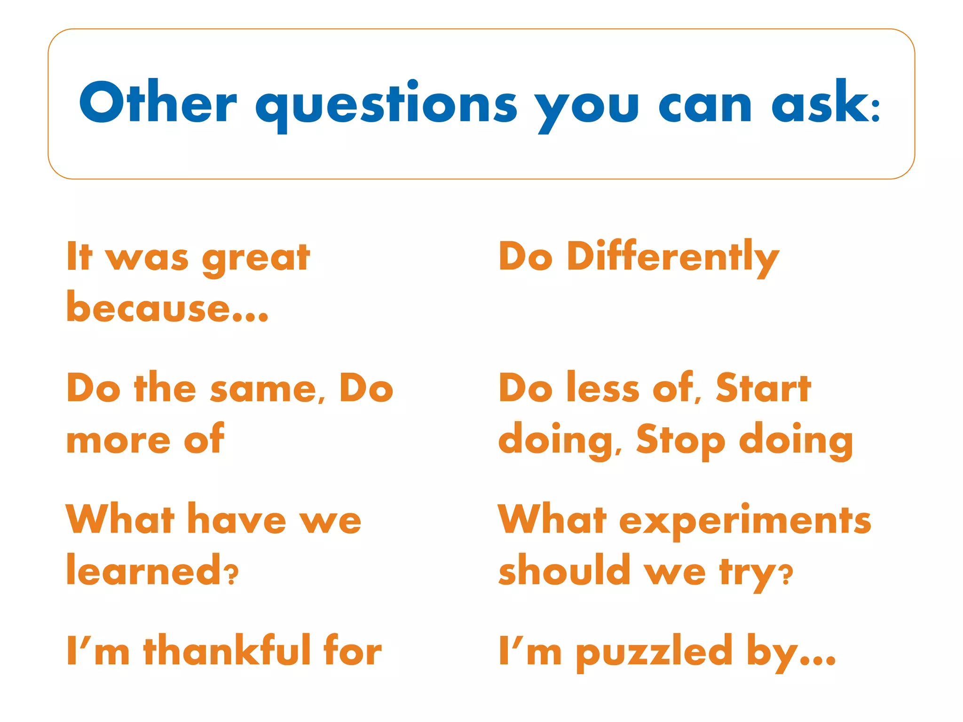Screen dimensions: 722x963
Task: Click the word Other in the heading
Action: pyautogui.click(x=158, y=103)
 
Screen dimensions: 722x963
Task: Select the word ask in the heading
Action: pyautogui.click(x=819, y=103)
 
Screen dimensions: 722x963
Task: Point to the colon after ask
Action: pyautogui.click(x=875, y=111)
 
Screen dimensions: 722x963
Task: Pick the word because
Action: pyautogui.click(x=148, y=308)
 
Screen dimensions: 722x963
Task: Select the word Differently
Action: pyautogui.click(x=673, y=258)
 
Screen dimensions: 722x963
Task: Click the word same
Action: pyautogui.click(x=268, y=390)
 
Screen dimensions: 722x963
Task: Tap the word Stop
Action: pyautogui.click(x=680, y=440)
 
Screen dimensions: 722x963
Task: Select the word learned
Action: pyautogui.click(x=143, y=570)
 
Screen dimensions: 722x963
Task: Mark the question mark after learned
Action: pyautogui.click(x=231, y=575)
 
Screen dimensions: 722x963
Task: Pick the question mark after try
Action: pyautogui.click(x=785, y=574)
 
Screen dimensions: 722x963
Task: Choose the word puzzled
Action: pyautogui.click(x=654, y=652)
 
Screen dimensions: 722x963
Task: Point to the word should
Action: pyautogui.click(x=564, y=570)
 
